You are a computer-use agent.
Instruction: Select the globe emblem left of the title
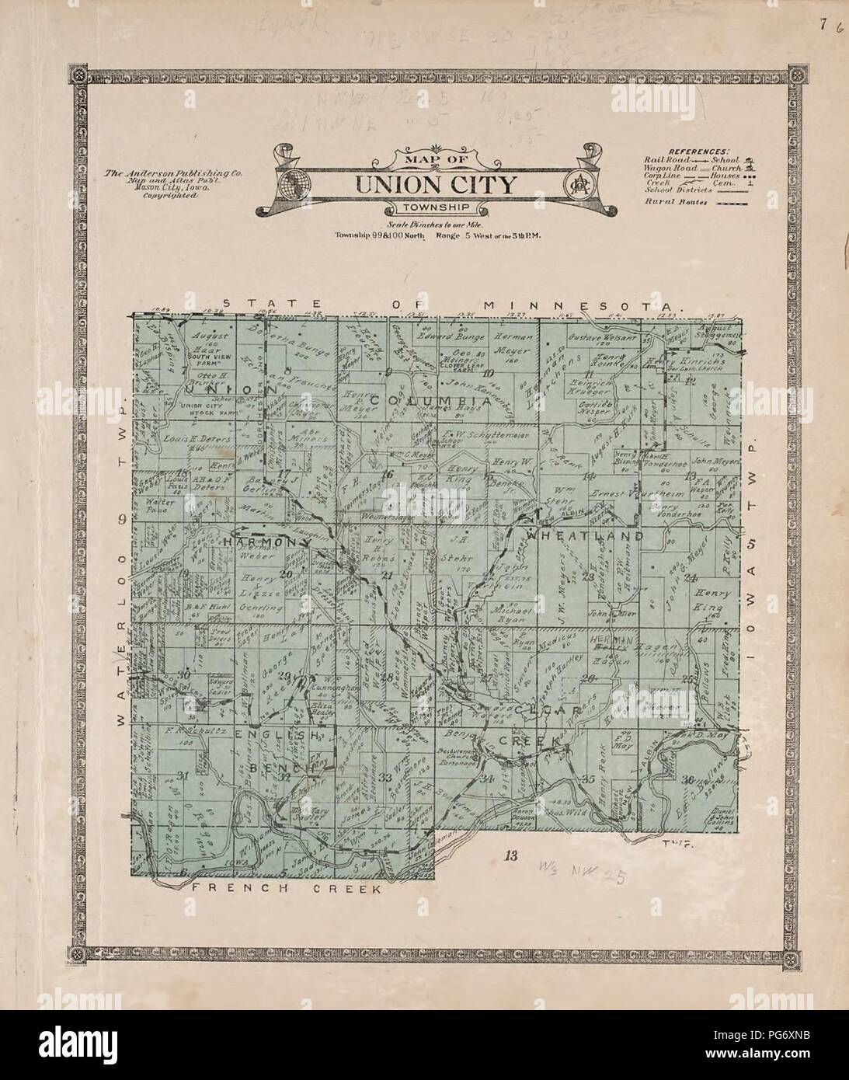click(296, 184)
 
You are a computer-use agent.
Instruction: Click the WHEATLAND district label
click(585, 536)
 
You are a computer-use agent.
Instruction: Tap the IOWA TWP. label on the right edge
click(751, 552)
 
